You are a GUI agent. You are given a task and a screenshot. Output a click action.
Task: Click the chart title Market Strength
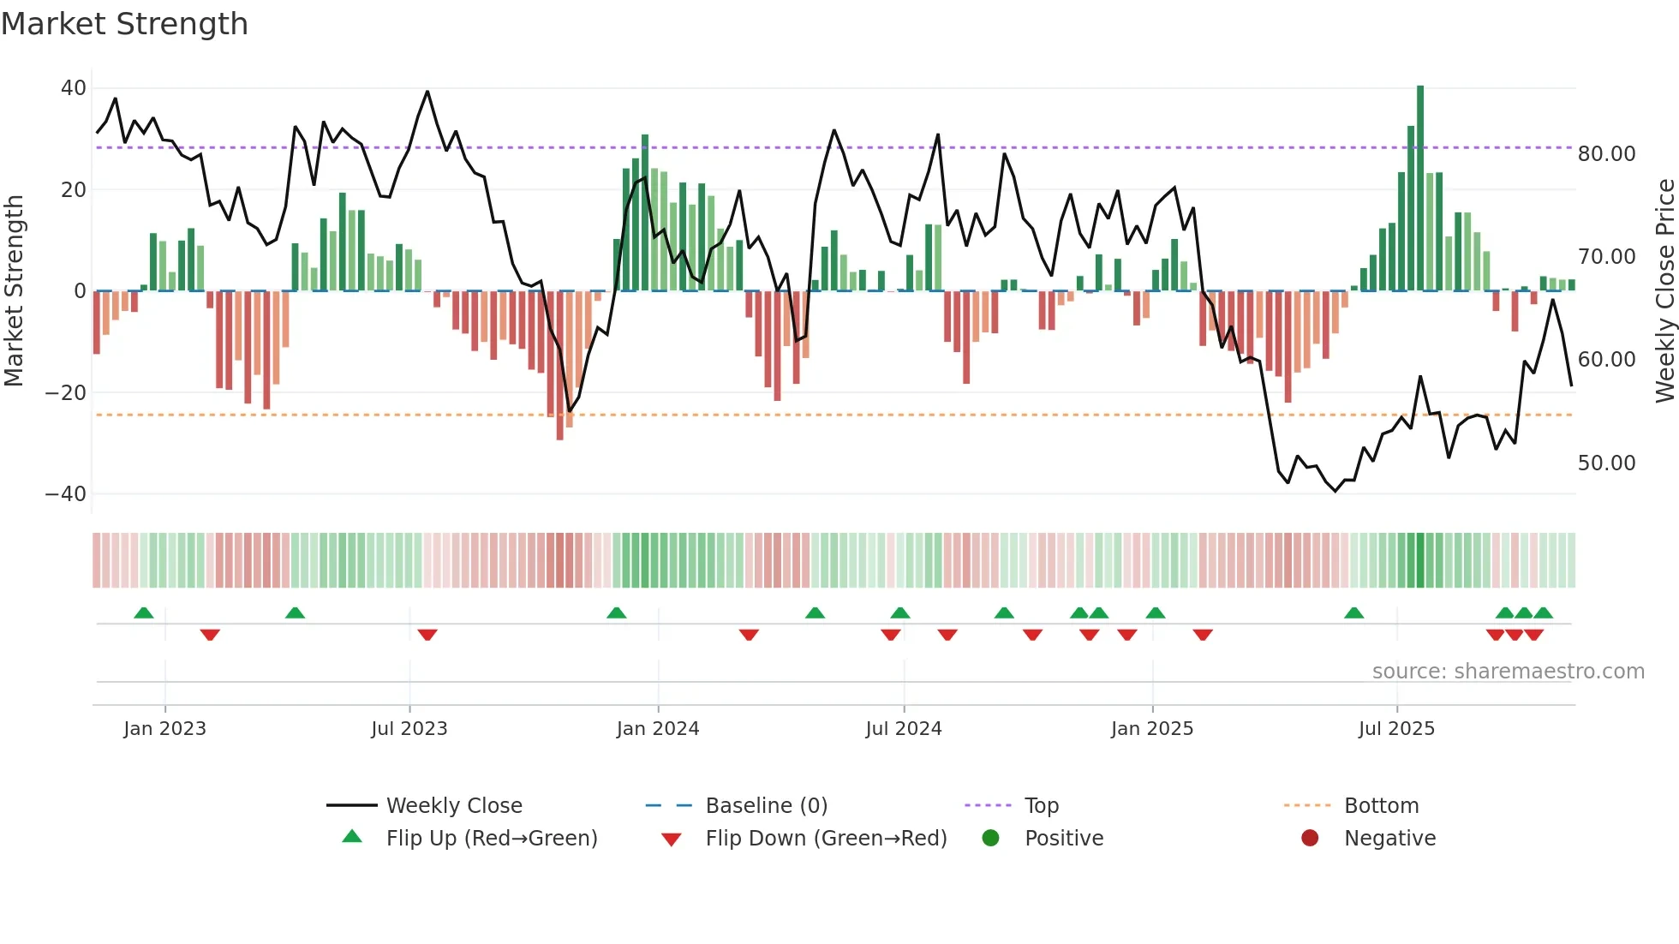pyautogui.click(x=124, y=24)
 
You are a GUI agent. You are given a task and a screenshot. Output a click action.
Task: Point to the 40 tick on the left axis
pyautogui.click(x=74, y=88)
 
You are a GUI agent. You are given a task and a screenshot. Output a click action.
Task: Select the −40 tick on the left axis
pyautogui.click(x=66, y=494)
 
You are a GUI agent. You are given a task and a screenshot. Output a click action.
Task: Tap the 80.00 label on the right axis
pyautogui.click(x=1606, y=154)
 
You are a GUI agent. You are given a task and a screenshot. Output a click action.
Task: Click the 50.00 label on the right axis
pyautogui.click(x=1606, y=463)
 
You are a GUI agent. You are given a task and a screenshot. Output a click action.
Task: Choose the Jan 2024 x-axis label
pyautogui.click(x=657, y=729)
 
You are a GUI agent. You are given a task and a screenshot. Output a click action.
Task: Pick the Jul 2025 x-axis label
pyautogui.click(x=1395, y=729)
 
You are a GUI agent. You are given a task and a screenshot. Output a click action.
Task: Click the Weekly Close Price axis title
pyautogui.click(x=1664, y=291)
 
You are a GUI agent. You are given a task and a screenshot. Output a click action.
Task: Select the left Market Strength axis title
pyautogui.click(x=15, y=291)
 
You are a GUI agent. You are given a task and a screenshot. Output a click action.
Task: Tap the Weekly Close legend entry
pyautogui.click(x=453, y=806)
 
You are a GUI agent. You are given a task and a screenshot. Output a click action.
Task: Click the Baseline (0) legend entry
pyautogui.click(x=766, y=806)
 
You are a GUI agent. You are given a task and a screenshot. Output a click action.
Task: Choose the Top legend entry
pyautogui.click(x=1041, y=806)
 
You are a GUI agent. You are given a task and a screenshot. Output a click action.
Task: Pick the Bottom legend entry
pyautogui.click(x=1381, y=806)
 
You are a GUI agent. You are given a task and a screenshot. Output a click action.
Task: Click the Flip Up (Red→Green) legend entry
pyautogui.click(x=491, y=839)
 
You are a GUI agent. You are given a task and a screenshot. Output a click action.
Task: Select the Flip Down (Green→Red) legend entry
pyautogui.click(x=826, y=839)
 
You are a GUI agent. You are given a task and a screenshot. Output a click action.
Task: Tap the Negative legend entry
pyautogui.click(x=1389, y=839)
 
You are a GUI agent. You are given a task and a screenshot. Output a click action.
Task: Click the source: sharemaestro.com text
pyautogui.click(x=1508, y=672)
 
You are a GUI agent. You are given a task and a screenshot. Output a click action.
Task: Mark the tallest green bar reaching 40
pyautogui.click(x=1419, y=188)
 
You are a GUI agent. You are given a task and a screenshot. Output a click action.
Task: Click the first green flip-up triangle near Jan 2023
pyautogui.click(x=144, y=613)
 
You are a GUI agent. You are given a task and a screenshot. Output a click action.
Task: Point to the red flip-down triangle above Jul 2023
pyautogui.click(x=427, y=635)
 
